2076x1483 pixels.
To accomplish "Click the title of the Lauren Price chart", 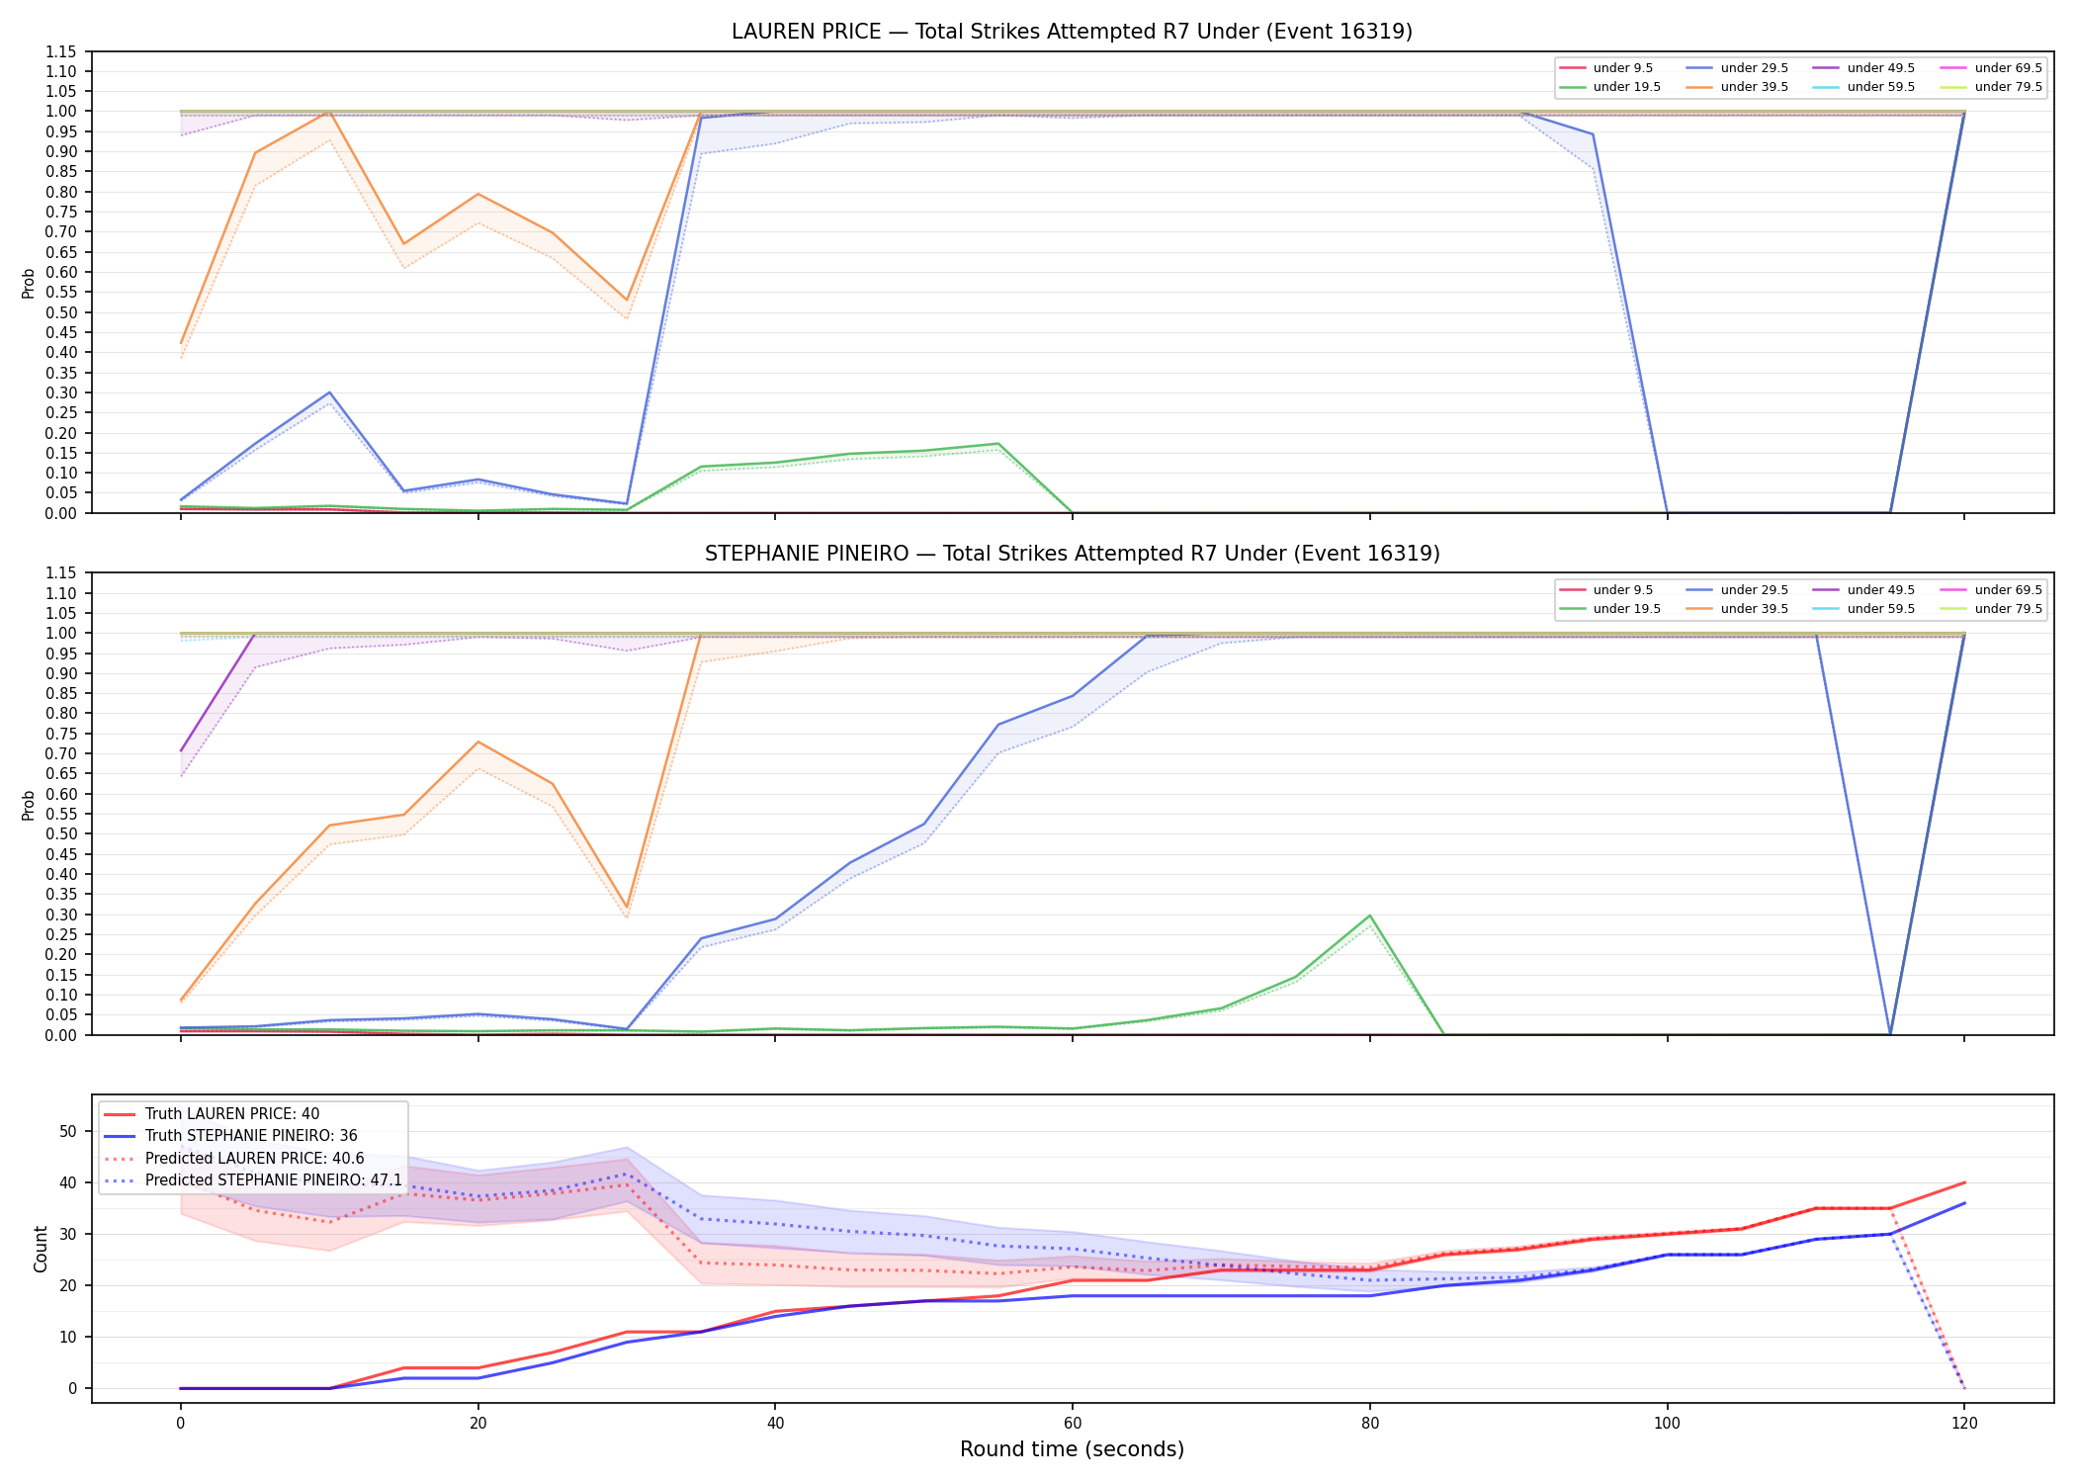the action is [1072, 32].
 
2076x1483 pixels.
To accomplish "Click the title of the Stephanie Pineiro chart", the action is [1072, 554].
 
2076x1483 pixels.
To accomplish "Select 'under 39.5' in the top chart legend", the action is [1754, 87].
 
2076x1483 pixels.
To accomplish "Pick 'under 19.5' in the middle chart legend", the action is [1626, 609].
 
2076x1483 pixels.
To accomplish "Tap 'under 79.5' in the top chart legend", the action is [2008, 87].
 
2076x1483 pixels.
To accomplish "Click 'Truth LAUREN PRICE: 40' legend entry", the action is [231, 1114].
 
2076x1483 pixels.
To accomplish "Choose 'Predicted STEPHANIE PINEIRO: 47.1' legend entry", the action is [273, 1180].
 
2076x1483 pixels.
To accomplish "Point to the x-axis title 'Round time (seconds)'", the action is [1072, 1449].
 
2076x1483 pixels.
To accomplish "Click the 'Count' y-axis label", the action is [41, 1249].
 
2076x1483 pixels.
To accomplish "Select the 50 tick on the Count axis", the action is [68, 1131].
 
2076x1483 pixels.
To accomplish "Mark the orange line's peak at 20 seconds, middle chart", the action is [478, 741].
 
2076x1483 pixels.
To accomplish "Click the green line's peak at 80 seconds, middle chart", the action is [1369, 916].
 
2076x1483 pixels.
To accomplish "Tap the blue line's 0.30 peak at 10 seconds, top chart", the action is [329, 393].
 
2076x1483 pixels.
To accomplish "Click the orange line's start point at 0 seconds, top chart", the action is [181, 343].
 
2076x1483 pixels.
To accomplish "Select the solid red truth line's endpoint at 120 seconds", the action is [1964, 1182].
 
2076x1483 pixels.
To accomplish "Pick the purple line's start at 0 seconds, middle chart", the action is [181, 751].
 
